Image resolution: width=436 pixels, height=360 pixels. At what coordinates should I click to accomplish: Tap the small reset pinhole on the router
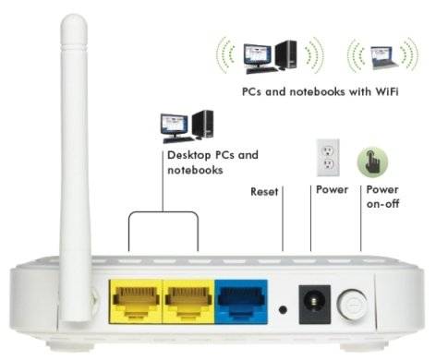[283, 310]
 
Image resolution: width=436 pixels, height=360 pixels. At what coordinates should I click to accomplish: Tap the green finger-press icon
[372, 159]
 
